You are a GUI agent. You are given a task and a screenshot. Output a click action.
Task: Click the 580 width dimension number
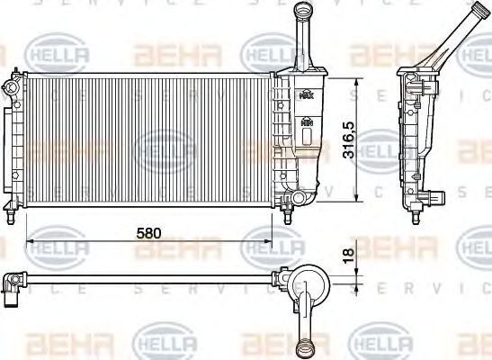tap(148, 232)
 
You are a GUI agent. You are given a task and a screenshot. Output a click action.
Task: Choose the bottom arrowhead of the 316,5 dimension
tap(359, 200)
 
